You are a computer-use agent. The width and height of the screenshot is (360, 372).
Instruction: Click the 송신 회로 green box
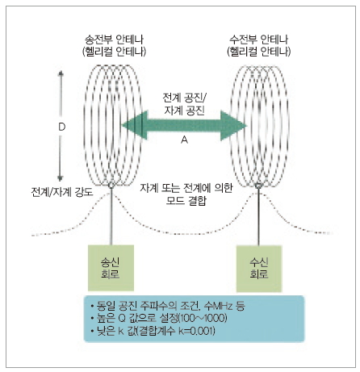pyautogui.click(x=111, y=268)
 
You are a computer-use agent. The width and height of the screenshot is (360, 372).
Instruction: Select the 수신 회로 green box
pyautogui.click(x=259, y=269)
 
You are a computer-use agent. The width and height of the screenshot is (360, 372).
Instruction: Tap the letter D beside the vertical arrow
pyautogui.click(x=62, y=127)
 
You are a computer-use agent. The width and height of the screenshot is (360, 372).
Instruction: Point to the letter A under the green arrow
pyautogui.click(x=184, y=140)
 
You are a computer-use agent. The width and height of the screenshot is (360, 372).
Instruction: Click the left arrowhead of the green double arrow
pyautogui.click(x=135, y=125)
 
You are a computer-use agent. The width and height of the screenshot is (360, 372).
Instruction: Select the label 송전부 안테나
pyautogui.click(x=114, y=40)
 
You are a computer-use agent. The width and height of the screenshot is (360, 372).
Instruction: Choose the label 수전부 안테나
pyautogui.click(x=258, y=40)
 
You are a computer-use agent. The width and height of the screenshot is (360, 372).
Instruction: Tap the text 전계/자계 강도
pyautogui.click(x=62, y=192)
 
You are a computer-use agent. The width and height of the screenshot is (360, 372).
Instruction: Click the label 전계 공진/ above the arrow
pyautogui.click(x=184, y=98)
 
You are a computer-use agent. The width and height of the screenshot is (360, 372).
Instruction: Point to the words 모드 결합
pyautogui.click(x=186, y=201)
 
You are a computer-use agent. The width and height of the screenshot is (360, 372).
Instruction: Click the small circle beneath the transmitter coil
pyautogui.click(x=111, y=185)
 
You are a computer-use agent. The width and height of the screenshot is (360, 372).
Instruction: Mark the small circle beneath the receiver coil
pyautogui.click(x=258, y=186)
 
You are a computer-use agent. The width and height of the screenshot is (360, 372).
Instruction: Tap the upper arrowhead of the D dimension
pyautogui.click(x=61, y=73)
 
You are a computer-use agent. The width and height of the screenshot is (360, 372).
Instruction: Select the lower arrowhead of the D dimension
pyautogui.click(x=61, y=178)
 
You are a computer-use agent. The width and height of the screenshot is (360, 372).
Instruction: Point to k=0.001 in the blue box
pyautogui.click(x=196, y=331)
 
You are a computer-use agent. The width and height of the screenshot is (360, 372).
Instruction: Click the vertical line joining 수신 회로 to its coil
pyautogui.click(x=258, y=216)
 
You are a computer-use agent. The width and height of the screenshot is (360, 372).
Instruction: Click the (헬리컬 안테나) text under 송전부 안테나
pyautogui.click(x=114, y=52)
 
